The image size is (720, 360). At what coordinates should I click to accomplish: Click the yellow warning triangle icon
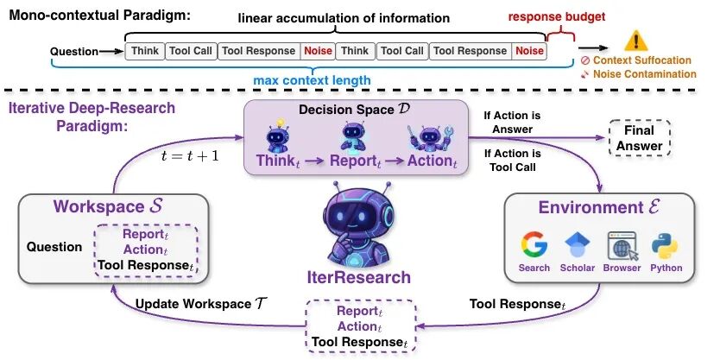pyautogui.click(x=636, y=40)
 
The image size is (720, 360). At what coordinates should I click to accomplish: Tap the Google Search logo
pyautogui.click(x=534, y=245)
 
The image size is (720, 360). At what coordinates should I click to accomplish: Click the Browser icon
pyautogui.click(x=622, y=245)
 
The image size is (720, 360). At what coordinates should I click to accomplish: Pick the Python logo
pyautogui.click(x=666, y=245)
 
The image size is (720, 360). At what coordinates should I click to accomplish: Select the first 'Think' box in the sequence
pyautogui.click(x=144, y=51)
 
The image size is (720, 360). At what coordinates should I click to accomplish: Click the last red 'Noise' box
pyautogui.click(x=529, y=51)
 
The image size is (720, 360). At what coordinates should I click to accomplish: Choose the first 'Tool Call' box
pyautogui.click(x=190, y=51)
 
